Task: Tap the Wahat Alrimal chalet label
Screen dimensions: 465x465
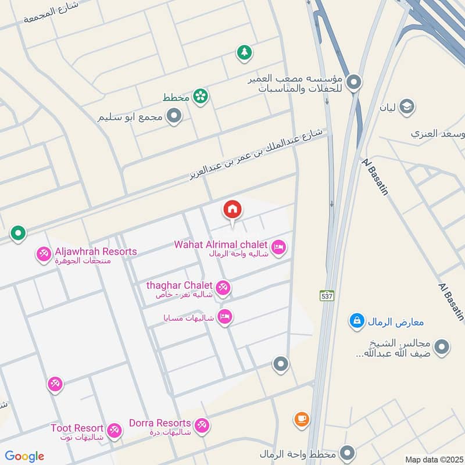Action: click(x=220, y=244)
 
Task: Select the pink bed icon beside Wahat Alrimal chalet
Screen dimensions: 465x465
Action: click(x=279, y=248)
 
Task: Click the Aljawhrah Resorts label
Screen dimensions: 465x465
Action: click(x=95, y=252)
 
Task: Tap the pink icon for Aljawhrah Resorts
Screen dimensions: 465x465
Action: click(x=44, y=254)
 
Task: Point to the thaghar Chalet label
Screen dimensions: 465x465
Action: click(x=180, y=285)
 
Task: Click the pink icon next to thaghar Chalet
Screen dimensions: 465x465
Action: click(x=223, y=287)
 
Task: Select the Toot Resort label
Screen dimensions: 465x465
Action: click(x=77, y=428)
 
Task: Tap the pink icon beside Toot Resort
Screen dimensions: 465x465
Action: click(x=115, y=430)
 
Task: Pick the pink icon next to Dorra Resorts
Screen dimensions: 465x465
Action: click(x=202, y=425)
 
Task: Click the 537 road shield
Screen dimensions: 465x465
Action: click(x=328, y=296)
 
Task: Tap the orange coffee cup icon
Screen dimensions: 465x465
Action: click(x=301, y=419)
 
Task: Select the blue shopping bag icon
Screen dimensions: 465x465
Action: click(x=357, y=320)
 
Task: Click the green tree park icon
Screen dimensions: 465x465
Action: click(x=245, y=53)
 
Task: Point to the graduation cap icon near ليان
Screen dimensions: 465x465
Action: click(x=407, y=106)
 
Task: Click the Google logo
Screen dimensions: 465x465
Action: click(x=24, y=456)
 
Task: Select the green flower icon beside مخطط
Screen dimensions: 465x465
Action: click(x=201, y=96)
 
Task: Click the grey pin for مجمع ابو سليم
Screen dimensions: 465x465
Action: click(x=173, y=117)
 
